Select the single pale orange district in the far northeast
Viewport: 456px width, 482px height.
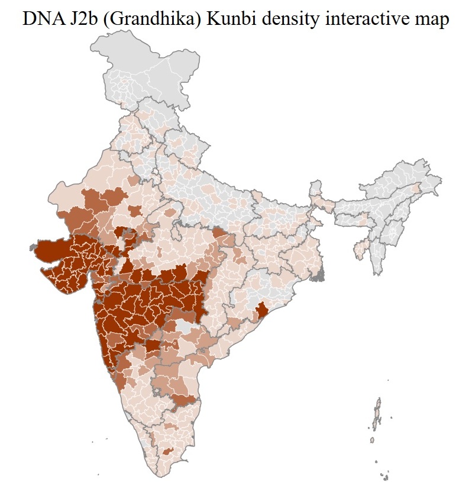tap(416, 188)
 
